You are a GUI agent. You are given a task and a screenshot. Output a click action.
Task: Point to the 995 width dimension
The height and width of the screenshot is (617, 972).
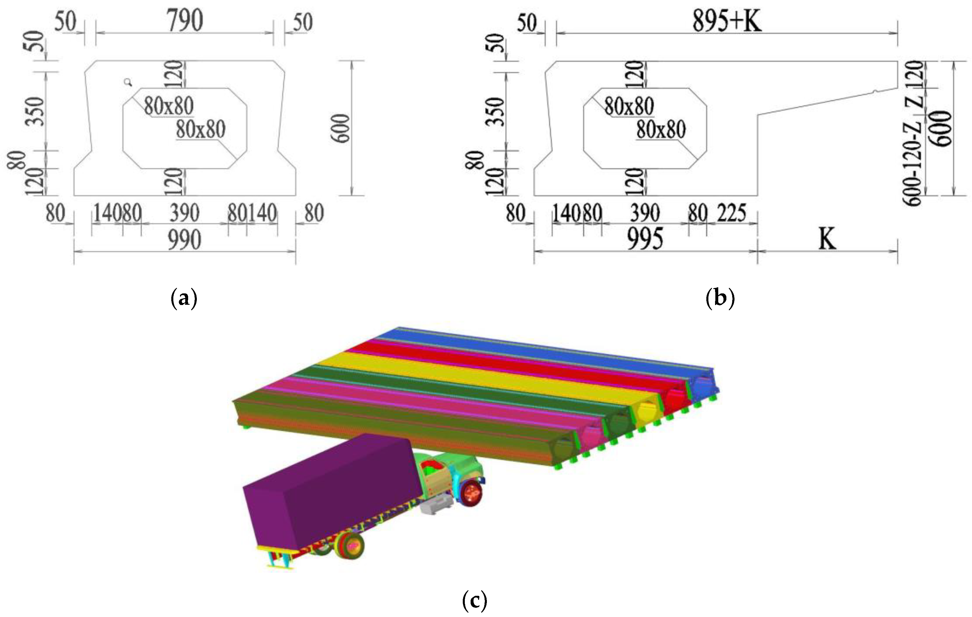pos(645,239)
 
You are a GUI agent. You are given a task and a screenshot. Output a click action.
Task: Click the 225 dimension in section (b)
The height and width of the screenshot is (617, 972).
pos(731,213)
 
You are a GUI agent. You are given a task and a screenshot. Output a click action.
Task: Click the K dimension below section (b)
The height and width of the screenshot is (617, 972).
pos(827,239)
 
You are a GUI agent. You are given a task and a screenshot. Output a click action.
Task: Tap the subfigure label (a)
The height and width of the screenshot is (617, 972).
pos(184,299)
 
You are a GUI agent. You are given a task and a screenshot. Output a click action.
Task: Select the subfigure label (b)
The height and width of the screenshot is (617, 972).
pos(721,299)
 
